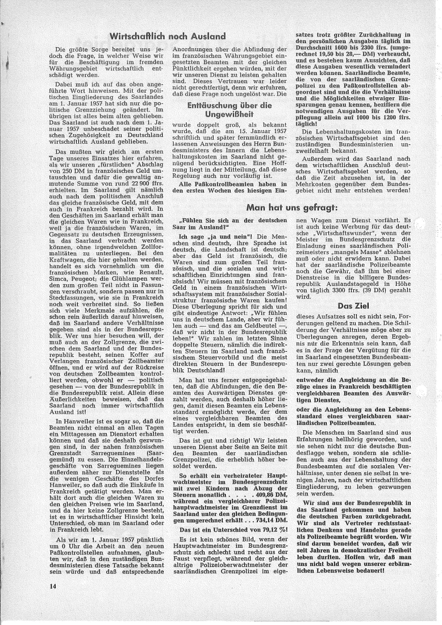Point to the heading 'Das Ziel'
point(349,306)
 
